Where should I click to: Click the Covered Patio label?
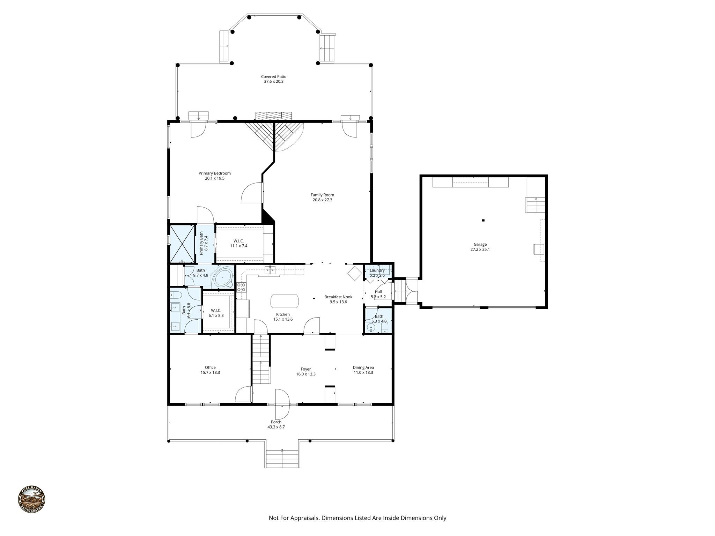(x=274, y=76)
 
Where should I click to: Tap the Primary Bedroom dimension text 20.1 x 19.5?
(x=214, y=178)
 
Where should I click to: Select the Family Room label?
(x=322, y=195)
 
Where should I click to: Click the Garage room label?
(x=480, y=245)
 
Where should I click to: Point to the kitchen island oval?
(x=285, y=301)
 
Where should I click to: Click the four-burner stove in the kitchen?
(x=241, y=287)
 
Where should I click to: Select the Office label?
(x=210, y=367)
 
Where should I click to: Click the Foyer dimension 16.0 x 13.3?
(x=305, y=374)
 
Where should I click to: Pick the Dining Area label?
(x=363, y=367)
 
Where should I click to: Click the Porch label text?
(x=276, y=422)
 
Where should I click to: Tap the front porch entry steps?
(x=282, y=459)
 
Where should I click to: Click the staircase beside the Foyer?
(x=261, y=359)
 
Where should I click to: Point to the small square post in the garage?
(x=483, y=220)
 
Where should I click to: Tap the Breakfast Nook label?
(x=338, y=297)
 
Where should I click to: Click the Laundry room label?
(x=377, y=270)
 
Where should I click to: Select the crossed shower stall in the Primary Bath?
(x=182, y=244)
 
